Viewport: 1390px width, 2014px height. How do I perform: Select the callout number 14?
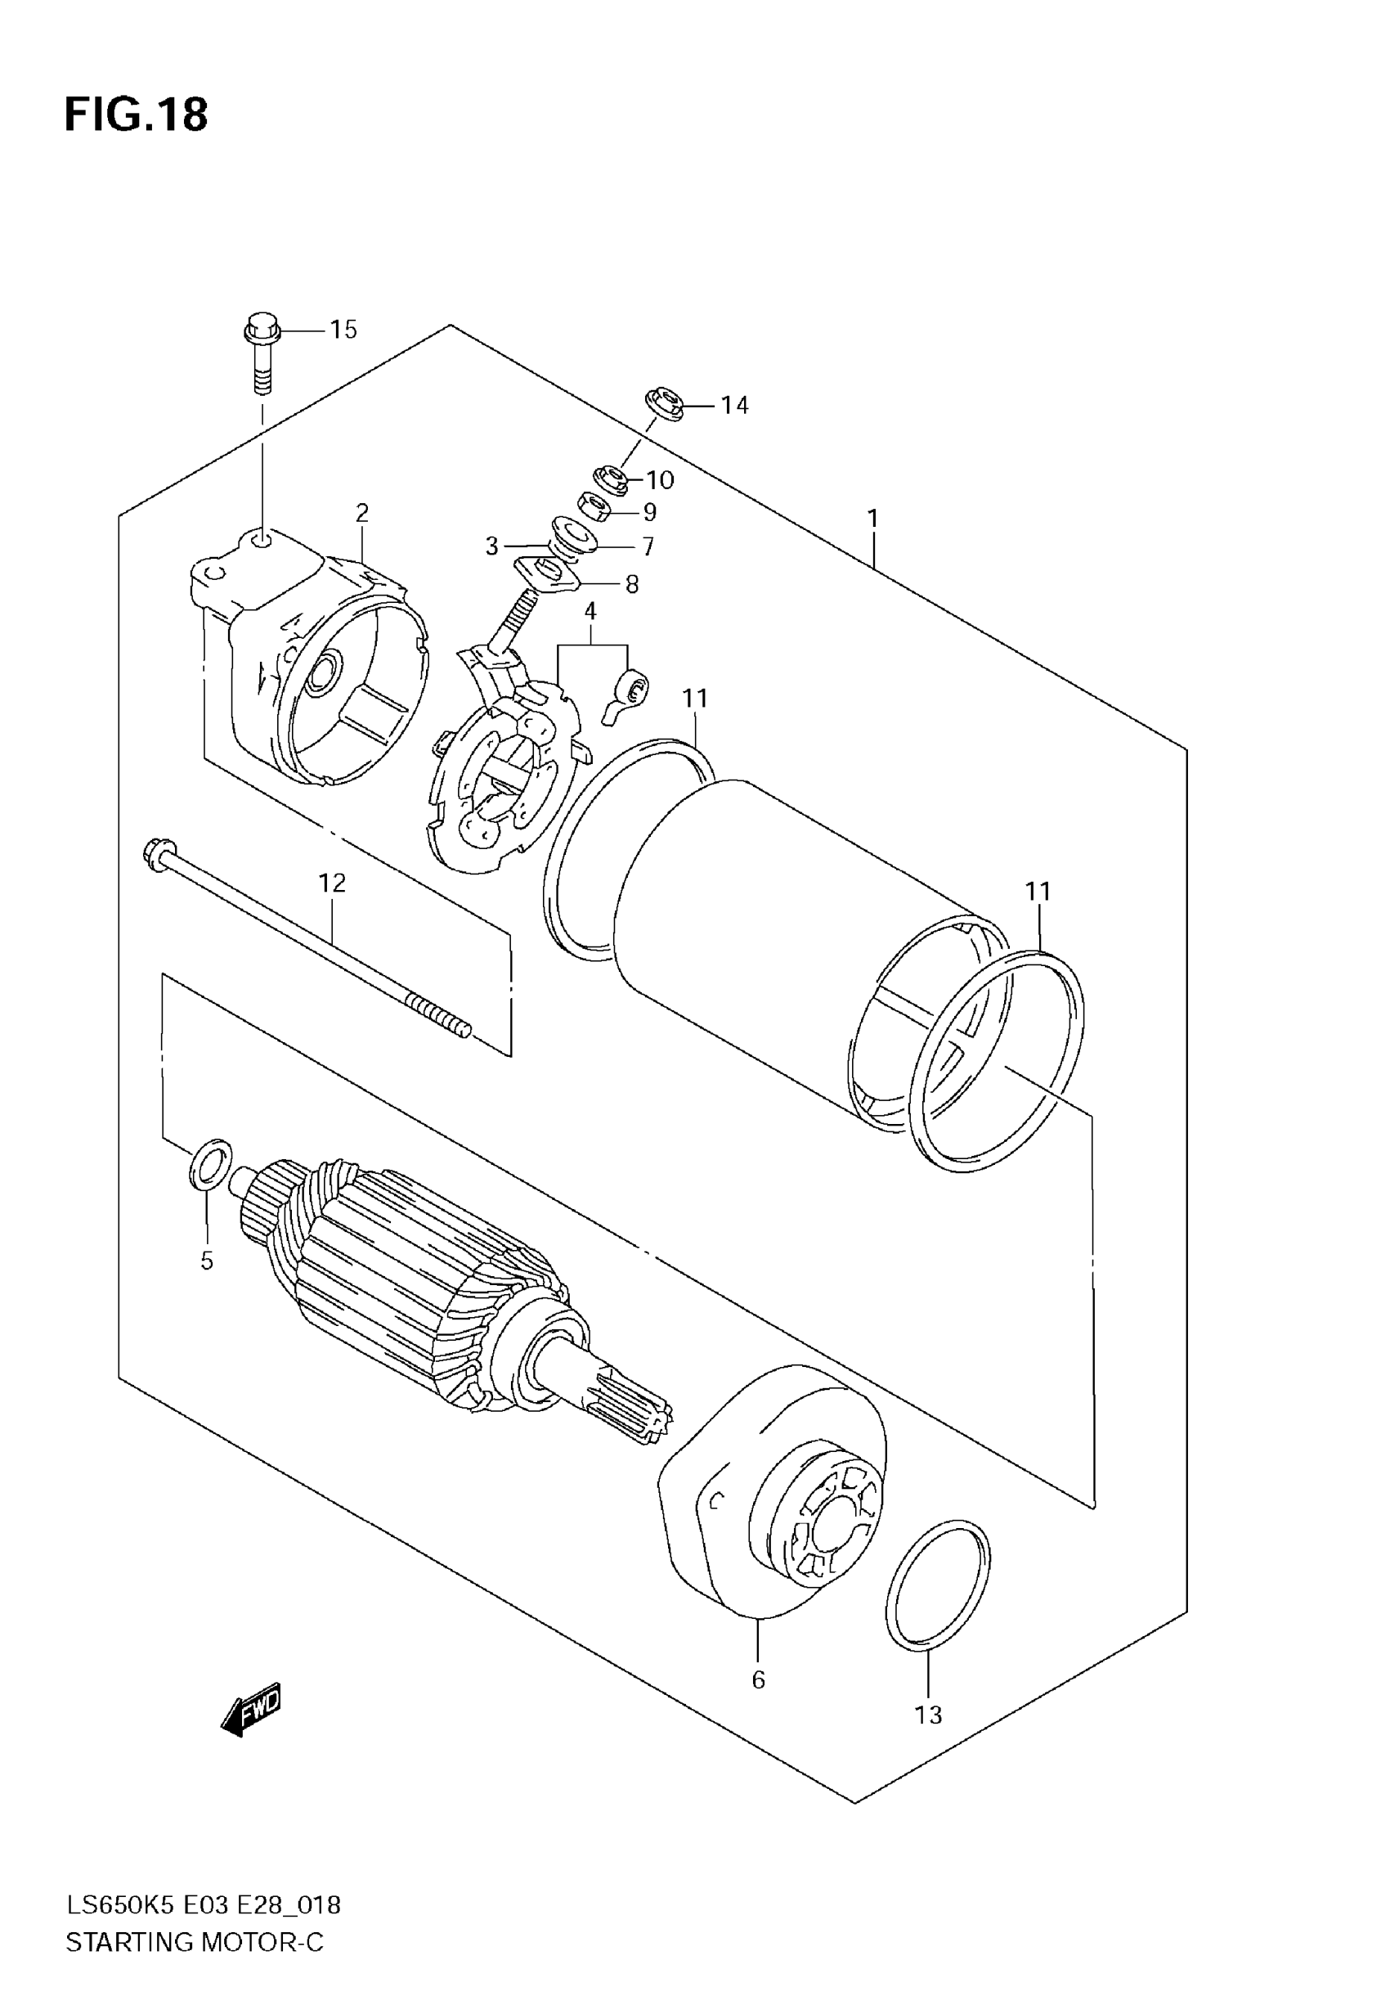[x=734, y=405]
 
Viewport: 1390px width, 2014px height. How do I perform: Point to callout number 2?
[x=361, y=512]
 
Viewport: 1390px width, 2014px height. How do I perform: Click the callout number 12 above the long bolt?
[x=332, y=883]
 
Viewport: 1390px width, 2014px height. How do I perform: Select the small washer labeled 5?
[x=210, y=1165]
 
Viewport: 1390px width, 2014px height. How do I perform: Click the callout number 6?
[x=758, y=1679]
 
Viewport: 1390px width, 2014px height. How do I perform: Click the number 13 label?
[x=928, y=1715]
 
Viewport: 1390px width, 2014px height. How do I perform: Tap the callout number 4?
[x=590, y=612]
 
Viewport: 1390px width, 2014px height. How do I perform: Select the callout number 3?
[x=491, y=546]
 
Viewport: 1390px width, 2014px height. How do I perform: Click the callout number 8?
[x=631, y=585]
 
